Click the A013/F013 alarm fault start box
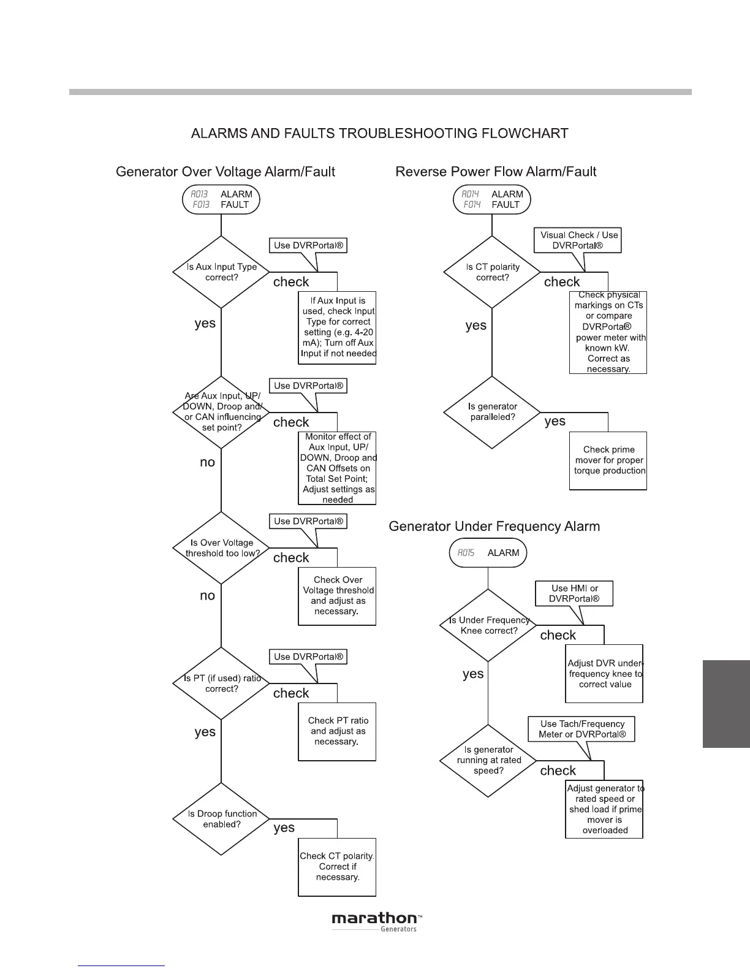(221, 200)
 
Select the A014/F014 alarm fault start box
(491, 200)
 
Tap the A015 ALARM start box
(488, 553)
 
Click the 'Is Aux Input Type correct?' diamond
(221, 272)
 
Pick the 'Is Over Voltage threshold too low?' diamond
(221, 548)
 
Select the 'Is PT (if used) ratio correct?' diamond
(221, 684)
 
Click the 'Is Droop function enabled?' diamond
(221, 819)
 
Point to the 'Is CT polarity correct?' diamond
(492, 272)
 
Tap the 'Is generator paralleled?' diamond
(492, 412)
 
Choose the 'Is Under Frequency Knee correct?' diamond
(488, 625)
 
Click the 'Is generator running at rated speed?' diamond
(488, 761)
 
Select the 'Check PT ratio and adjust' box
(337, 731)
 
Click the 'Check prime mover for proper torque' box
(608, 460)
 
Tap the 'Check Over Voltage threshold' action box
(337, 596)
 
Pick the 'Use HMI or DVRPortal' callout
(574, 593)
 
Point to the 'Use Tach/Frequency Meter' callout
(581, 729)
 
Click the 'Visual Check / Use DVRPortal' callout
(578, 240)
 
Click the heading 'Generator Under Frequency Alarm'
(494, 527)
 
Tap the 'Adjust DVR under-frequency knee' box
(604, 674)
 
